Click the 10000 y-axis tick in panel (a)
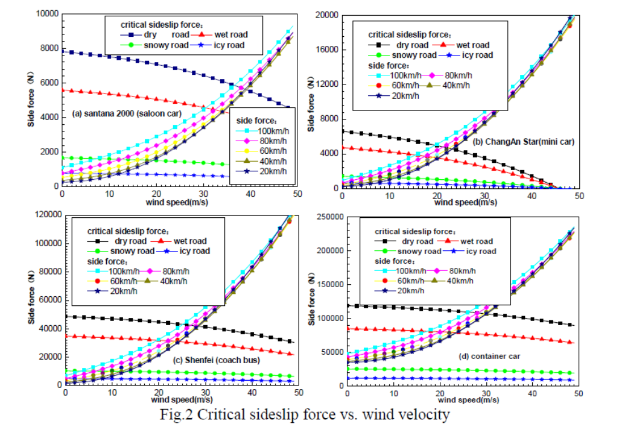[x=46, y=13]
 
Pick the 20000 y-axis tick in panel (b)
[x=326, y=14]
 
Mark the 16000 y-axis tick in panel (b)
[x=326, y=49]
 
